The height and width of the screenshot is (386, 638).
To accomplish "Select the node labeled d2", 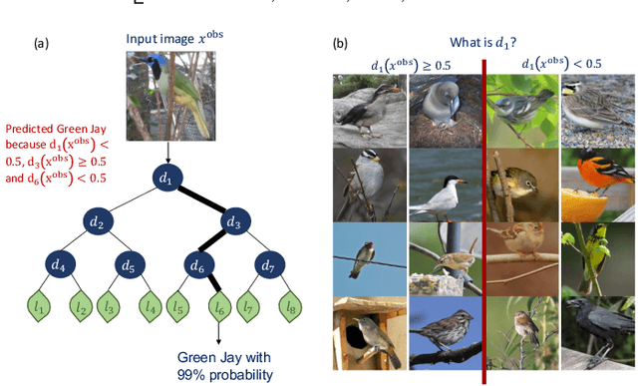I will pos(98,223).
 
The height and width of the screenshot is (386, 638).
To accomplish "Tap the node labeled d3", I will pos(231,223).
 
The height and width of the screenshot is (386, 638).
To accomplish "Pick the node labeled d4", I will pos(58,266).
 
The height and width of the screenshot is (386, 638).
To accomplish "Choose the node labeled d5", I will pos(128,266).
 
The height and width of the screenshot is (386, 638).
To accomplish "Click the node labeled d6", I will pos(196,266).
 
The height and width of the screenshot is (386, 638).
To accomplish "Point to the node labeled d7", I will pos(266,266).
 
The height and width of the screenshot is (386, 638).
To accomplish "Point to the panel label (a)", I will pos(41,43).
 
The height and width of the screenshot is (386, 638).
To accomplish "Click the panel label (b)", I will pos(341,43).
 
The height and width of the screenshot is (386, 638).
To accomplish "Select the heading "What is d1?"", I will pos(484,43).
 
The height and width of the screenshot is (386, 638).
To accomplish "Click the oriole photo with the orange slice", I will pos(596,184).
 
